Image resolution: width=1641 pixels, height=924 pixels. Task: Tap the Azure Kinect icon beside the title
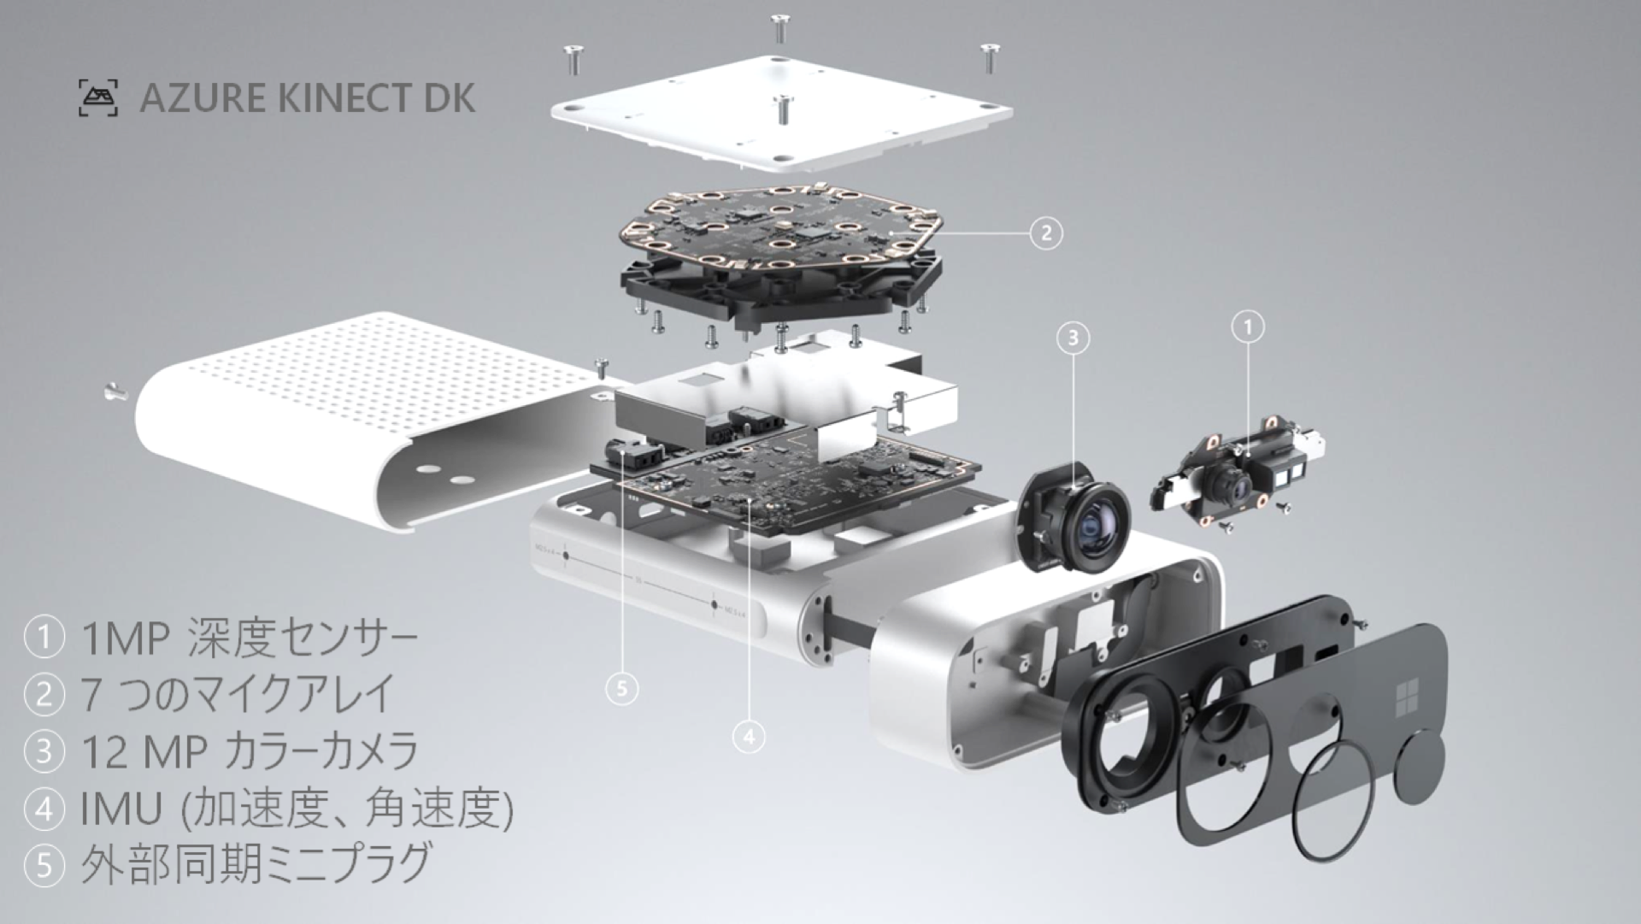click(98, 98)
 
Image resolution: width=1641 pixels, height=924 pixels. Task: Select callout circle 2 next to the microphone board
click(1045, 232)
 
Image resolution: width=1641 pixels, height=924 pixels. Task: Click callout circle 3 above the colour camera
click(1073, 338)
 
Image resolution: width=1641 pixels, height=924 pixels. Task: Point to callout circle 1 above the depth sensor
click(1248, 327)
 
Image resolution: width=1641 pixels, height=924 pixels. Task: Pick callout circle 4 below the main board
click(749, 735)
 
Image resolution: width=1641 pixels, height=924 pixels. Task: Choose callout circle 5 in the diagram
click(621, 688)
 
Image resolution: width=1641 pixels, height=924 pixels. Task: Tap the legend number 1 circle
click(44, 638)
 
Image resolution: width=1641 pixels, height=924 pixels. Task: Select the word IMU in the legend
click(121, 809)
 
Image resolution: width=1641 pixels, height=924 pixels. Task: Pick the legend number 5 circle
click(44, 865)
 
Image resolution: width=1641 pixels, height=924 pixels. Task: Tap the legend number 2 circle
click(44, 694)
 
